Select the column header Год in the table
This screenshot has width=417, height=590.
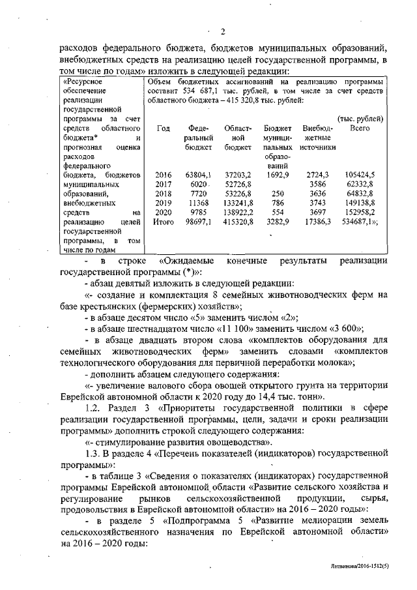click(x=164, y=128)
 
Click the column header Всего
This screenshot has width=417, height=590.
click(x=359, y=128)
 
